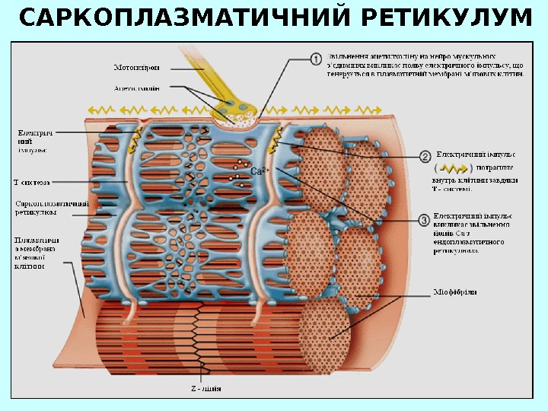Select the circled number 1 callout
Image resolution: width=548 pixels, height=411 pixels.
pyautogui.click(x=316, y=59)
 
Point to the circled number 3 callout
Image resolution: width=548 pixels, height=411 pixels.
pyautogui.click(x=423, y=221)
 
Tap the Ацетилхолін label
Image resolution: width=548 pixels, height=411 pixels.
pyautogui.click(x=137, y=88)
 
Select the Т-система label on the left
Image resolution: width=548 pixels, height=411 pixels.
pyautogui.click(x=33, y=182)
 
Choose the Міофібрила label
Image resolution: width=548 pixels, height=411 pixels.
pyautogui.click(x=455, y=292)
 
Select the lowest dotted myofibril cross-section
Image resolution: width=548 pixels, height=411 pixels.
pyautogui.click(x=328, y=334)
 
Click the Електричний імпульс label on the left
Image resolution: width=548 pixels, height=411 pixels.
pyautogui.click(x=35, y=141)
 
